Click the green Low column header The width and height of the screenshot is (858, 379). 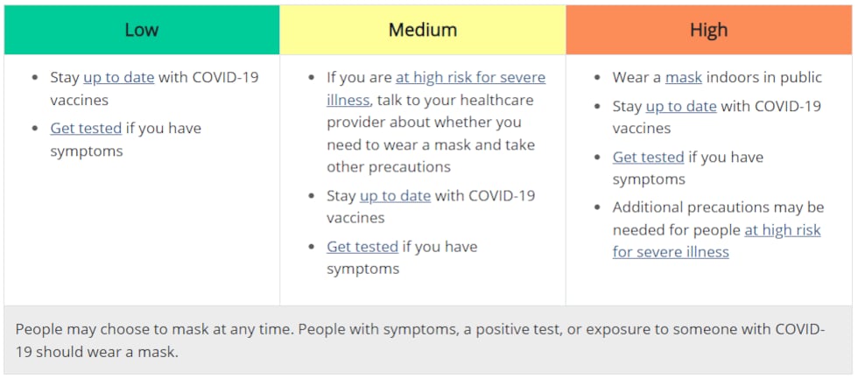click(142, 30)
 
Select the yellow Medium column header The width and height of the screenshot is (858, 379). click(422, 30)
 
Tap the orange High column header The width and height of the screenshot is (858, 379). click(708, 30)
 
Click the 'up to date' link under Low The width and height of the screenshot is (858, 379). click(119, 78)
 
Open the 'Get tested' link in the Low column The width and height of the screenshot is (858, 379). click(86, 129)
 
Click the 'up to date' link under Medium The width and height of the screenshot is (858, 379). click(395, 196)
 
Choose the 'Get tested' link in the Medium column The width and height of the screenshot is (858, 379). click(362, 247)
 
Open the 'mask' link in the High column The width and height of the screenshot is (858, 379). click(684, 78)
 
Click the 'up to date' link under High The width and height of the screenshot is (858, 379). click(681, 106)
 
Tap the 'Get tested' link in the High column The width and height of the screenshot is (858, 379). click(649, 158)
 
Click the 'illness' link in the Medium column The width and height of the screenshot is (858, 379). click(348, 100)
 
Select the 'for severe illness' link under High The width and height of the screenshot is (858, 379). click(671, 252)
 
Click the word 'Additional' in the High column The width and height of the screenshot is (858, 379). click(649, 207)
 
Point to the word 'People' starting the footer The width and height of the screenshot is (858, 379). click(39, 330)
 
